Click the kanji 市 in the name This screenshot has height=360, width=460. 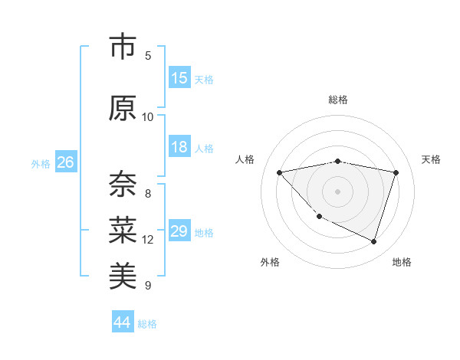pos(123,47)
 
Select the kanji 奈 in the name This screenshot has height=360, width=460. pos(123,185)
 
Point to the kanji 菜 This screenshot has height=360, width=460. pos(123,230)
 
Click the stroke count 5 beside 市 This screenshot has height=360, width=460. pos(148,55)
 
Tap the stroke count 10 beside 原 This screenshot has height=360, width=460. pos(148,116)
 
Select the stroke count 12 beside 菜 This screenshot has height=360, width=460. pos(148,240)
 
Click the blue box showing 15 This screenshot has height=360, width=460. pos(179,78)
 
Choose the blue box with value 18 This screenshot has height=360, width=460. pos(179,148)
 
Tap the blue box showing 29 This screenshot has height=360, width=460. pos(179,231)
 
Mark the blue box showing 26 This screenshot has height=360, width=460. pos(65,162)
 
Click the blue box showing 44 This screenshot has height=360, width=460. pos(122,322)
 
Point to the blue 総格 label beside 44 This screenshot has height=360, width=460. pos(147,324)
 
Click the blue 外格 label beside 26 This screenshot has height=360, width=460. pos(41,164)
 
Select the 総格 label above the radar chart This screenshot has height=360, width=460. pos(338,100)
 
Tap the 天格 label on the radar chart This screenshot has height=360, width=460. pos(431,159)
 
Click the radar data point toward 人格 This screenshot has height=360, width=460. pos(280,172)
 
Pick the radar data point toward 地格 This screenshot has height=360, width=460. pos(373,241)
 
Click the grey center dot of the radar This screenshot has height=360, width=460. pos(338,191)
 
